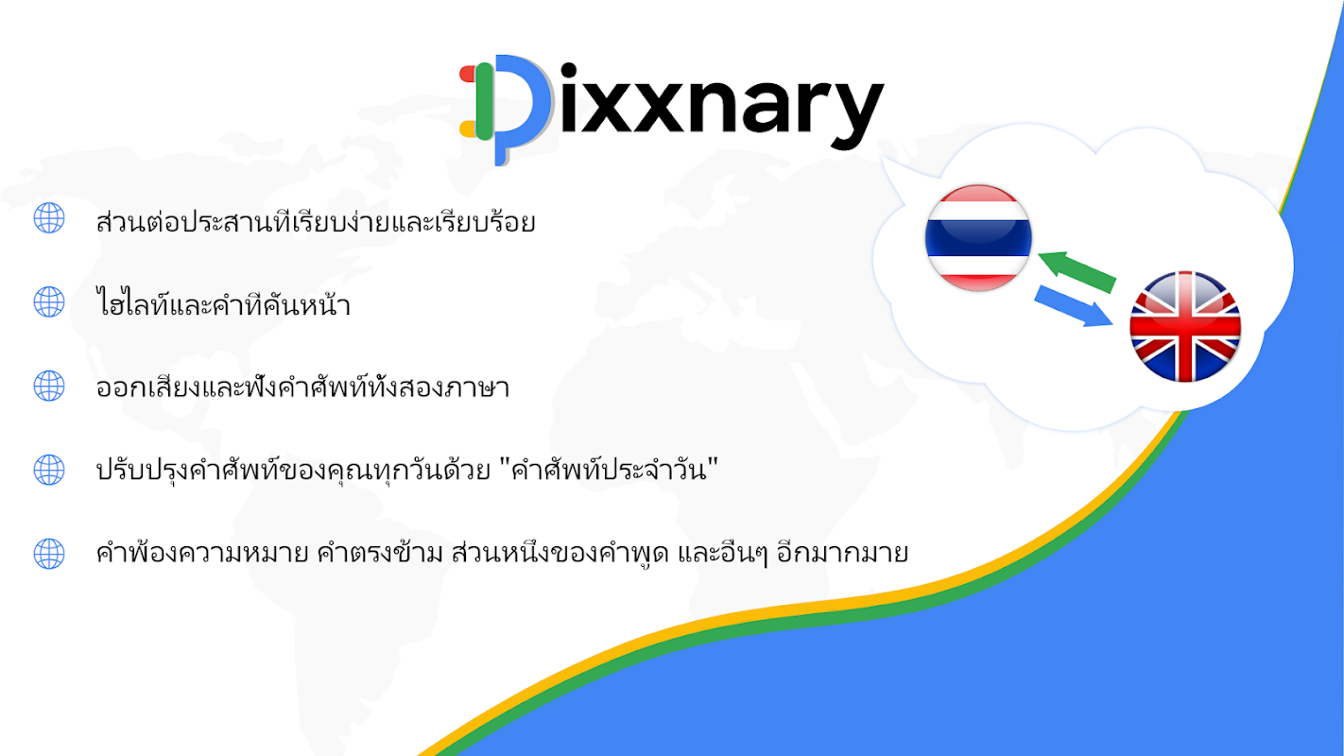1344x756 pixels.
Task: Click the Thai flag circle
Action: click(x=978, y=237)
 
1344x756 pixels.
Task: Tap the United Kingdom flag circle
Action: click(x=1185, y=326)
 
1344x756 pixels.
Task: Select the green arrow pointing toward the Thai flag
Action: click(x=1077, y=271)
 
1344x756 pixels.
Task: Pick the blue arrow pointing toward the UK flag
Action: click(x=1074, y=305)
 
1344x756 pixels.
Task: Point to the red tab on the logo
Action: click(x=468, y=74)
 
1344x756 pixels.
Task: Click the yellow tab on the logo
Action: click(x=468, y=129)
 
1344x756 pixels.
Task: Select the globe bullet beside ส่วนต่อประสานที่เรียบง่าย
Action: click(x=49, y=217)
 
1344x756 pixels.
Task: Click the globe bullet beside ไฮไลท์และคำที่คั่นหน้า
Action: click(x=49, y=301)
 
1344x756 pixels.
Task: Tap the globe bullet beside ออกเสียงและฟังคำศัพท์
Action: click(x=49, y=386)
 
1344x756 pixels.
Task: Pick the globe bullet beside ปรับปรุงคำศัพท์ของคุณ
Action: click(x=49, y=470)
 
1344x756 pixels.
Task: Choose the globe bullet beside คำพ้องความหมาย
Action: click(x=49, y=553)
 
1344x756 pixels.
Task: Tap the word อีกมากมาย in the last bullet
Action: click(x=842, y=552)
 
